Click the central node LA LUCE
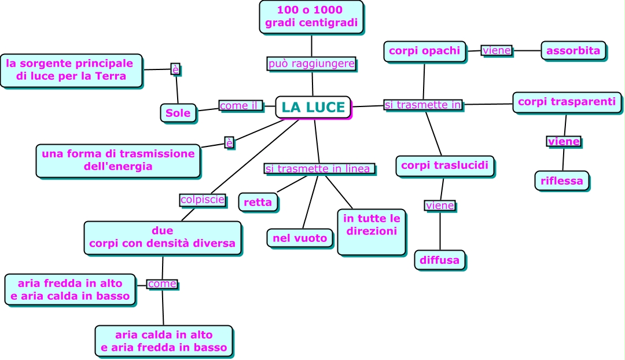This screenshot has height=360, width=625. pos(313,108)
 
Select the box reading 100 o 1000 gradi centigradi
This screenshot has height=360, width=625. pos(311,17)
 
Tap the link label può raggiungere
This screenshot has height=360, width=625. pos(311,64)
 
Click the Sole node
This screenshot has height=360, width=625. pos(178,113)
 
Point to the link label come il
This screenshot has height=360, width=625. pos(240,105)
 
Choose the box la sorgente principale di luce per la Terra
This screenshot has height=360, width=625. pos(71,70)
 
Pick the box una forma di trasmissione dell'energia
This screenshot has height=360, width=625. pos(118,160)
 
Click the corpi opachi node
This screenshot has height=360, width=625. pos(425,51)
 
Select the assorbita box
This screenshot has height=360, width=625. pos(573,50)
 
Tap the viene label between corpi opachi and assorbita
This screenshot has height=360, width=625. pos(497,50)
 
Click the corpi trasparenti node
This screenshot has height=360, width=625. pos(567,102)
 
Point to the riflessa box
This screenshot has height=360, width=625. pos(561,181)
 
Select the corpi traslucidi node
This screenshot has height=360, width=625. pos(444,166)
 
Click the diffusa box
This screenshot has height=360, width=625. pos(440,260)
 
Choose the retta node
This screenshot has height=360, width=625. pos(258,202)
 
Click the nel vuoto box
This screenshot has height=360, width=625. pos(300,238)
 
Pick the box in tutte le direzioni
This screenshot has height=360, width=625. pos(372,232)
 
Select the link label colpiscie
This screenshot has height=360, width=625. pos(203,200)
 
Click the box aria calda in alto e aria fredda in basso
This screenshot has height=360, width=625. pos(164,341)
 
